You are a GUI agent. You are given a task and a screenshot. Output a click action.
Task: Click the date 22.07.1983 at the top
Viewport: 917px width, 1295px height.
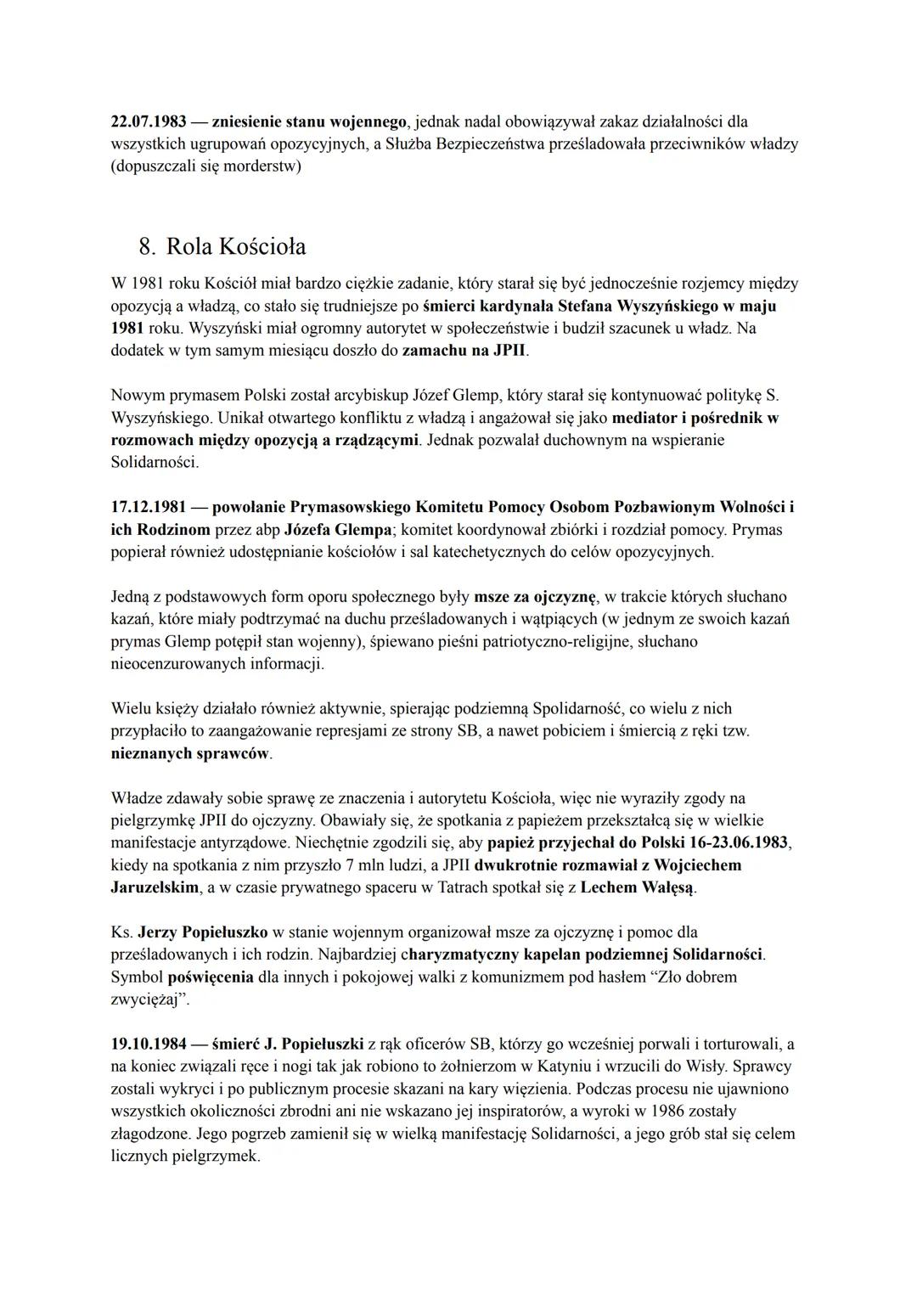(x=150, y=121)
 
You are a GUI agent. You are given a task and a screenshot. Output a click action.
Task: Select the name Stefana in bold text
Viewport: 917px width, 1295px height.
(x=583, y=305)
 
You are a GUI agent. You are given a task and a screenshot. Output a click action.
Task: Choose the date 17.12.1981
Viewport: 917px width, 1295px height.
(x=150, y=507)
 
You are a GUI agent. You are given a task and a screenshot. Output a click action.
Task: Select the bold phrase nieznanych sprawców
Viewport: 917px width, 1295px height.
(x=191, y=753)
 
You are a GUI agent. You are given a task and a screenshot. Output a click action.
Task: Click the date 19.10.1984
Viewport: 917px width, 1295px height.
(x=150, y=1044)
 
